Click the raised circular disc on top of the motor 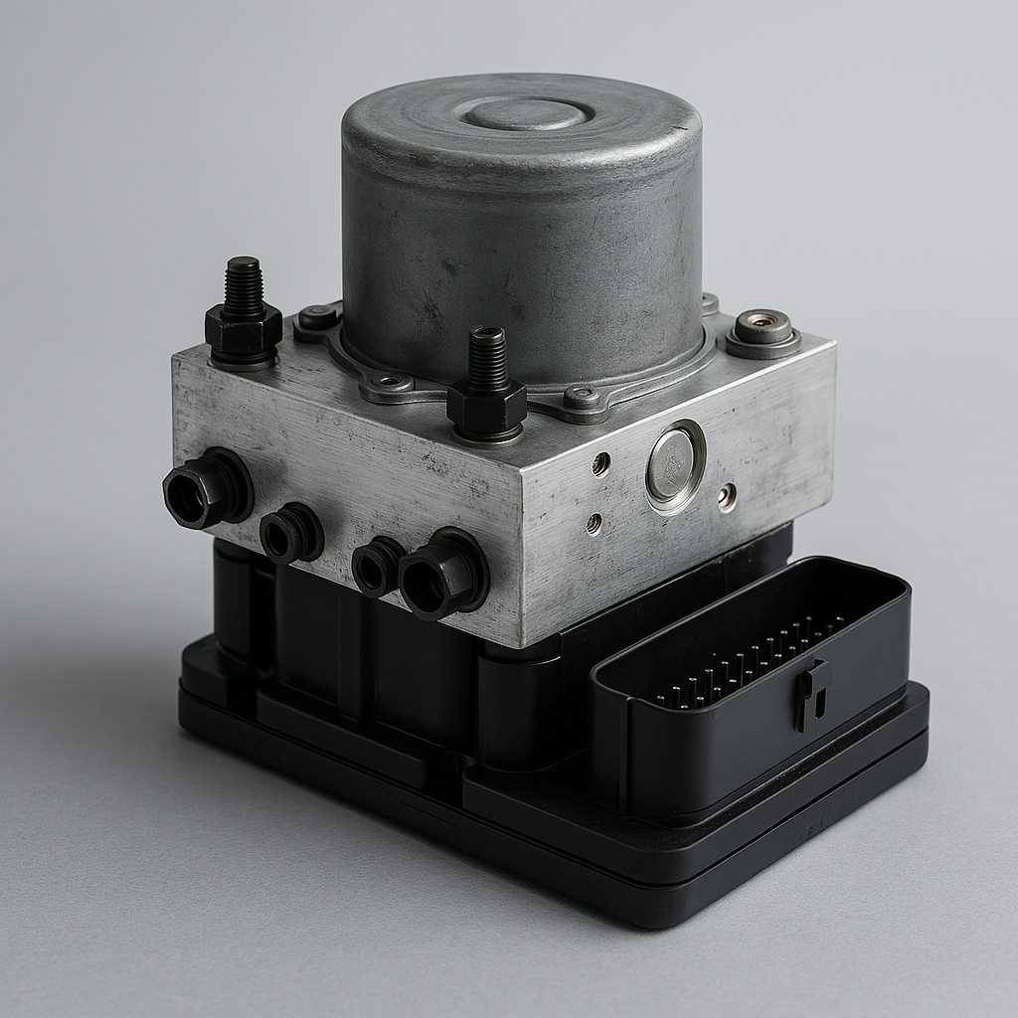(x=528, y=112)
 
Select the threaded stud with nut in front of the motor (x=486, y=363)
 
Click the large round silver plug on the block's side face (x=675, y=464)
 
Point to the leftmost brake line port (x=206, y=489)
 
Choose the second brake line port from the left (x=290, y=534)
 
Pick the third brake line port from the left (x=377, y=567)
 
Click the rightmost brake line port (x=440, y=575)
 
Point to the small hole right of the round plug (x=729, y=496)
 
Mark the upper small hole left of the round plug (x=600, y=462)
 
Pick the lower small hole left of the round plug (x=594, y=523)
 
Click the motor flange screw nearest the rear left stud (x=318, y=318)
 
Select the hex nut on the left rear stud (x=243, y=333)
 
